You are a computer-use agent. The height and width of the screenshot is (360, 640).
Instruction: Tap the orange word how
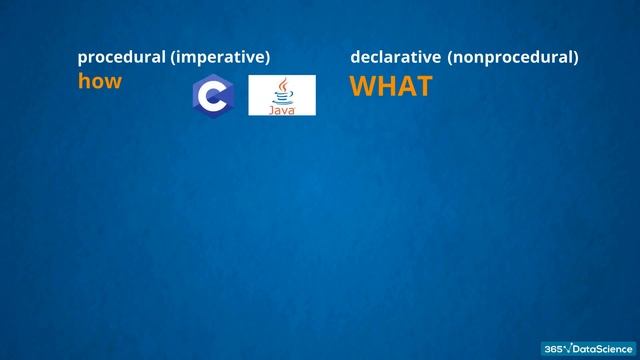coord(99,82)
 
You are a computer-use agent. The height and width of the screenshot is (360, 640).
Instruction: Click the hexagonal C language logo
coord(212,96)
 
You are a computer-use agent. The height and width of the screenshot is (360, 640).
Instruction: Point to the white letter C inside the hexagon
coord(211,96)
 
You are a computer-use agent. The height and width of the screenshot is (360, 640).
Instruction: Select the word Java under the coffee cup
coord(282,109)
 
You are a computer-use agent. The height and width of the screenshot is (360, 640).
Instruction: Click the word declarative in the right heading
coord(395,58)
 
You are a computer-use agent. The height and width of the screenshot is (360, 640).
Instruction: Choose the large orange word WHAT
coord(391,87)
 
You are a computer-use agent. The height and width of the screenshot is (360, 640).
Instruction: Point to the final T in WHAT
coord(423,87)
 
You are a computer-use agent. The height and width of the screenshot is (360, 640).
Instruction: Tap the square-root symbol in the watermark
coord(568,348)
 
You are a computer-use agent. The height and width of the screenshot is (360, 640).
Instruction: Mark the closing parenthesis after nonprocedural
coord(575,58)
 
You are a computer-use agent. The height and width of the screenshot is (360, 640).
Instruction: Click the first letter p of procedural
coord(83,59)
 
